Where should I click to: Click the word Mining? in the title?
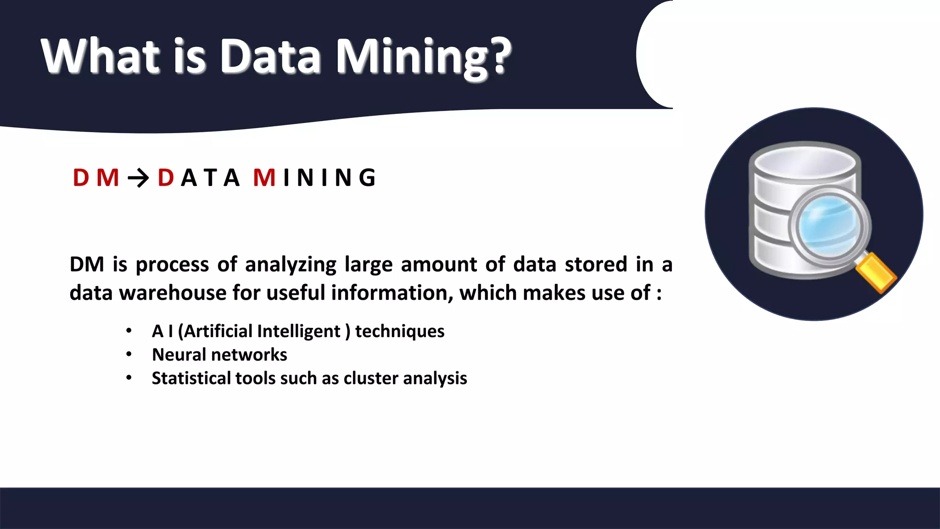click(423, 57)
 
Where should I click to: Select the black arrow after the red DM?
click(138, 178)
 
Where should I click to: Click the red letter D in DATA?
click(165, 178)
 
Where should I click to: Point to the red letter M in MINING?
click(264, 178)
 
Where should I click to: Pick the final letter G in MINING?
click(367, 178)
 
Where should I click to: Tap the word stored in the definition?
click(596, 264)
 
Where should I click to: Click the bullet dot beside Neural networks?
click(129, 354)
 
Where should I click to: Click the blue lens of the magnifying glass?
click(828, 225)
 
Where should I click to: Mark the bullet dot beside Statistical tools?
click(129, 378)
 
